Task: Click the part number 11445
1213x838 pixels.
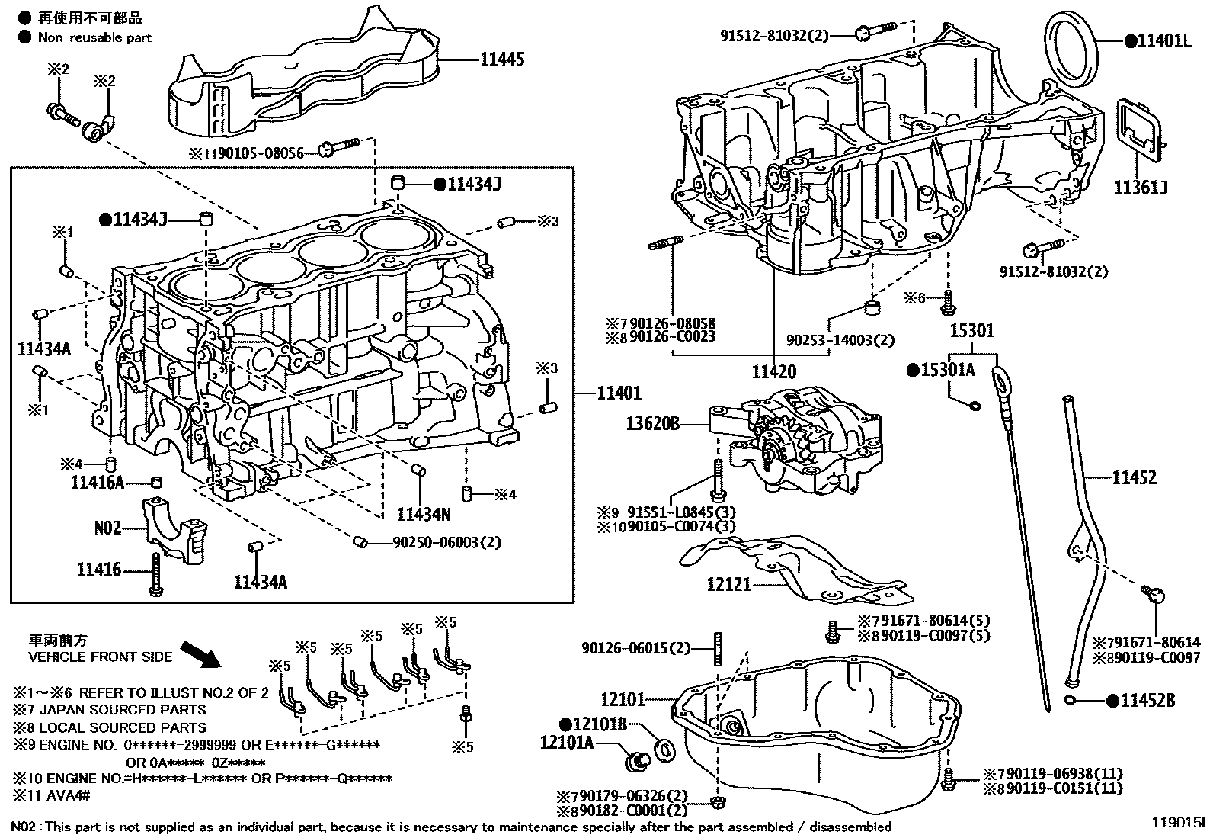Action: point(502,59)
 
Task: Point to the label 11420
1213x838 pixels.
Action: point(773,372)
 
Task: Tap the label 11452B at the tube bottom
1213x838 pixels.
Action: point(1147,701)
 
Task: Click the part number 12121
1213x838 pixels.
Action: point(729,585)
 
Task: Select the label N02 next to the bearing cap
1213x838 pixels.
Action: point(107,528)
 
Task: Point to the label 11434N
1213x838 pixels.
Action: point(424,515)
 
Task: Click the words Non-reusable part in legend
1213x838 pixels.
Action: point(94,37)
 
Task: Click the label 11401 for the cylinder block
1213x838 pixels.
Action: point(619,393)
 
